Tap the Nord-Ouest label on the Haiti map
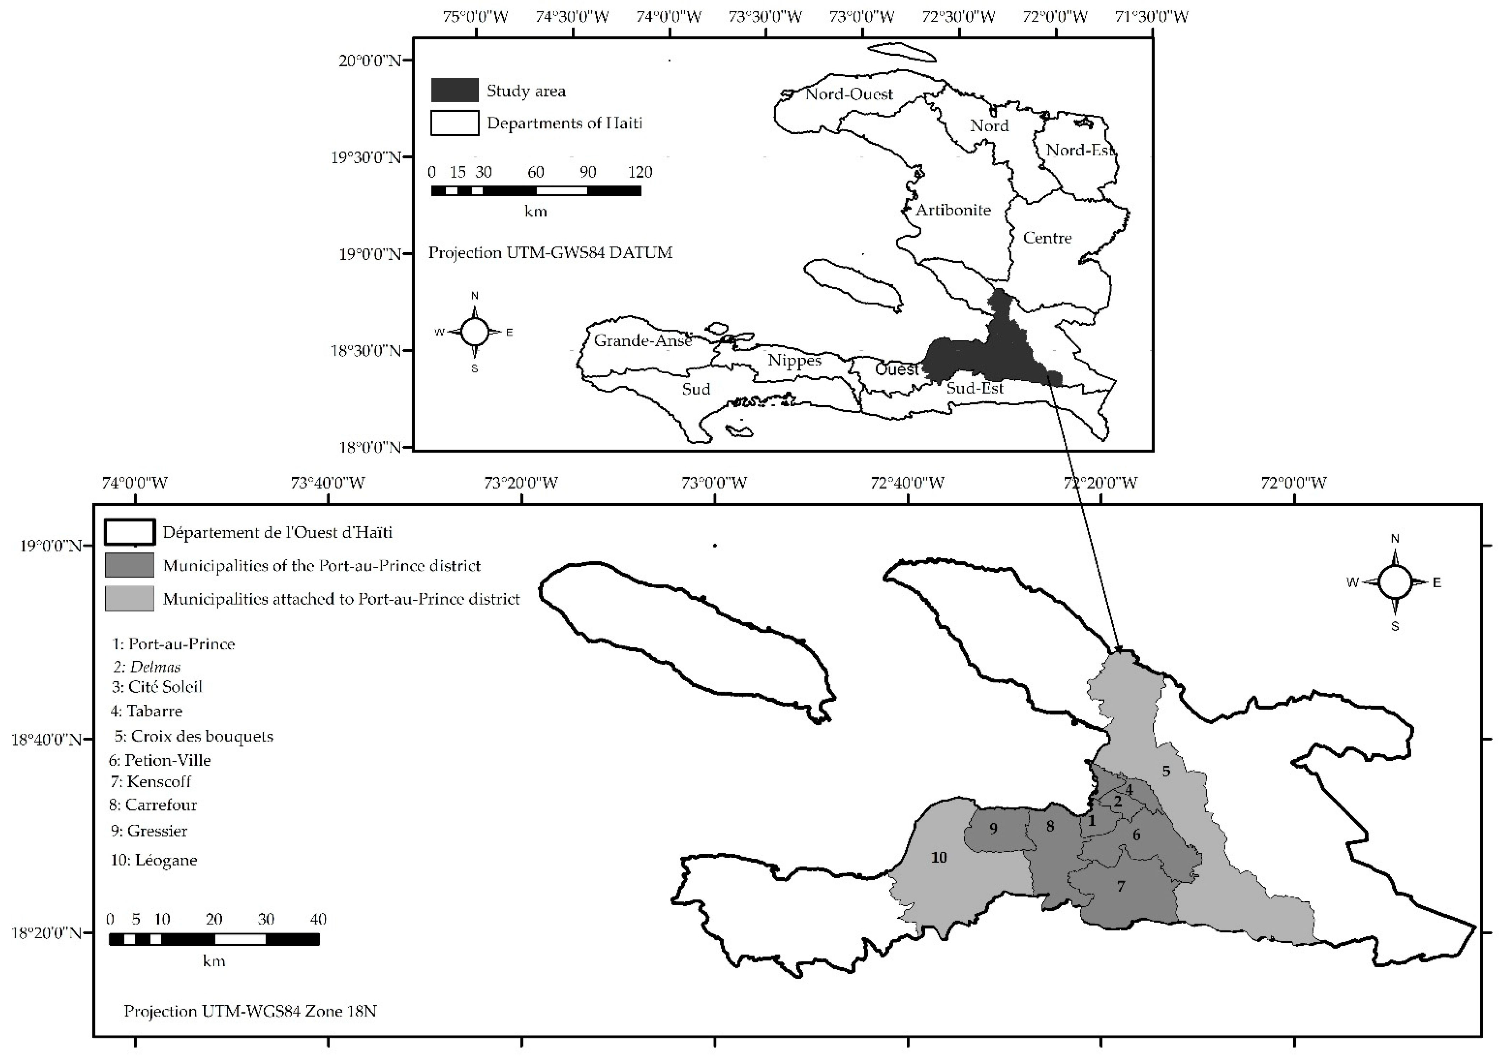(849, 94)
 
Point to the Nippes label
(795, 361)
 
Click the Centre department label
(1047, 237)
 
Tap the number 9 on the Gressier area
(993, 828)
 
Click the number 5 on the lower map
(1166, 771)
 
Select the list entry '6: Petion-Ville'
(160, 760)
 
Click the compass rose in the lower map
(1394, 582)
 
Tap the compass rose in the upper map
(474, 332)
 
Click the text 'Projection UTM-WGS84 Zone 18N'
(250, 1011)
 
